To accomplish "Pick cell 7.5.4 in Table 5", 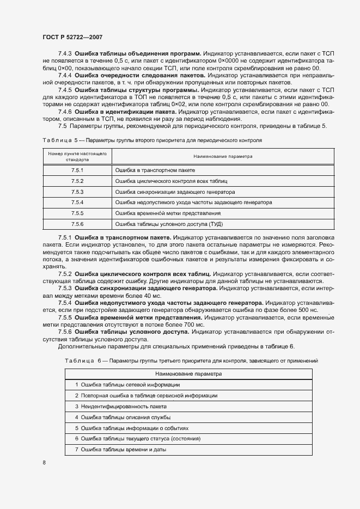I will click(x=77, y=202).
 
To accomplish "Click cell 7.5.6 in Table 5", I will click(x=77, y=224).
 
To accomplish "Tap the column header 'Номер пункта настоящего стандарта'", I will click(x=77, y=157).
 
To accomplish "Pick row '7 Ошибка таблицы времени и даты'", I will click(x=120, y=450).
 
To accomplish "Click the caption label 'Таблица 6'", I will click(x=83, y=360).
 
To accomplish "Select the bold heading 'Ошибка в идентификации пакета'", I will click(x=117, y=111).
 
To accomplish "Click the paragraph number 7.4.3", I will click(x=65, y=54).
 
